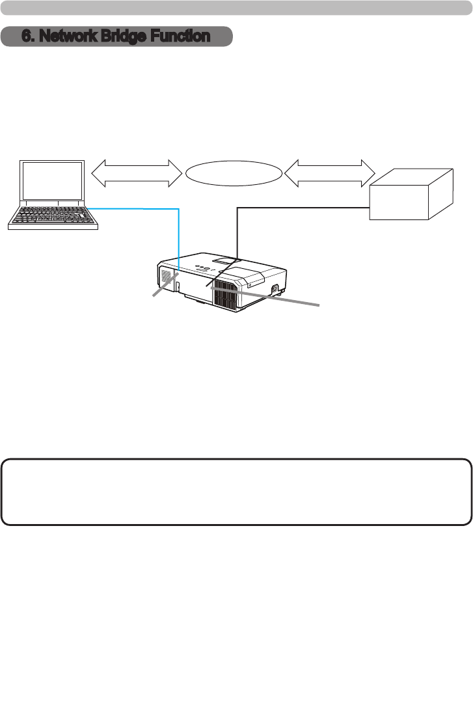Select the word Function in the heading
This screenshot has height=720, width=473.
click(x=178, y=36)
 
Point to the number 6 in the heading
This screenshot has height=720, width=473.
click(x=26, y=36)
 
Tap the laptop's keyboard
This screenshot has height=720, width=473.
click(x=53, y=215)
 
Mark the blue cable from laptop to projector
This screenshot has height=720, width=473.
click(x=178, y=234)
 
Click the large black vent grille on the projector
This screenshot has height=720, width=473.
click(x=226, y=290)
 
